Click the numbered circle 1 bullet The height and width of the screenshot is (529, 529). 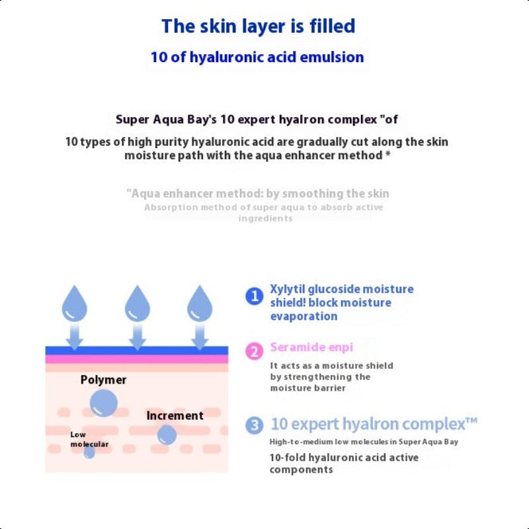click(x=255, y=296)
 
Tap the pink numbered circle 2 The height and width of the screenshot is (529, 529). click(x=255, y=351)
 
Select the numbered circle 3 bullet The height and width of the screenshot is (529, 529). click(x=255, y=425)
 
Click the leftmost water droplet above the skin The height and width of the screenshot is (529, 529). click(x=75, y=304)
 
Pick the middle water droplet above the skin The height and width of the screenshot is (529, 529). click(x=138, y=304)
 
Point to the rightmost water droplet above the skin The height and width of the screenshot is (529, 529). click(x=199, y=304)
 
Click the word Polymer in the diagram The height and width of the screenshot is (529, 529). click(x=103, y=380)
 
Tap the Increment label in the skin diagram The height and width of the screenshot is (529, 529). click(x=175, y=416)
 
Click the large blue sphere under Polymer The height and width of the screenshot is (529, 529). click(x=104, y=402)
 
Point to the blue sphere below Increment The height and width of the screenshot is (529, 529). click(x=167, y=434)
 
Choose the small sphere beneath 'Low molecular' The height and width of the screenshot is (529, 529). click(x=89, y=452)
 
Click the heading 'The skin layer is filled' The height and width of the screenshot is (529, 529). click(x=259, y=26)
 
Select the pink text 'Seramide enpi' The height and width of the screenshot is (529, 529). click(x=311, y=347)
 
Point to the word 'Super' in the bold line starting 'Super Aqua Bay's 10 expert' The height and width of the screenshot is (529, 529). click(x=133, y=120)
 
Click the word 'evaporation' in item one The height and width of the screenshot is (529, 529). click(x=304, y=316)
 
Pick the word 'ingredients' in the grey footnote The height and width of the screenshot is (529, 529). click(x=265, y=218)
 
